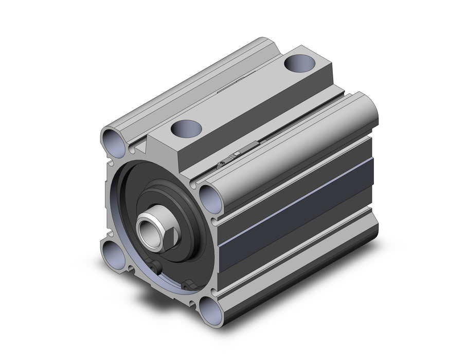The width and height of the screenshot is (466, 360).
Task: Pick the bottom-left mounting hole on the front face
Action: [x=111, y=253]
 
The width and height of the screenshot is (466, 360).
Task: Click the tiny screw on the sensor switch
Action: [x=222, y=164]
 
